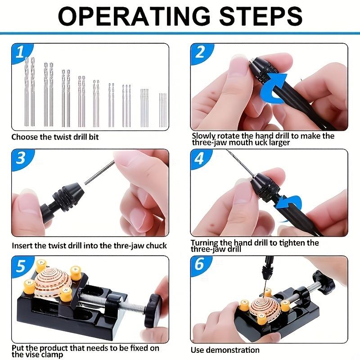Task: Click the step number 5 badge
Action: click(18, 265)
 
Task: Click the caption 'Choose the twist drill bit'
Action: click(55, 137)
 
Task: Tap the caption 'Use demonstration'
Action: click(225, 350)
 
